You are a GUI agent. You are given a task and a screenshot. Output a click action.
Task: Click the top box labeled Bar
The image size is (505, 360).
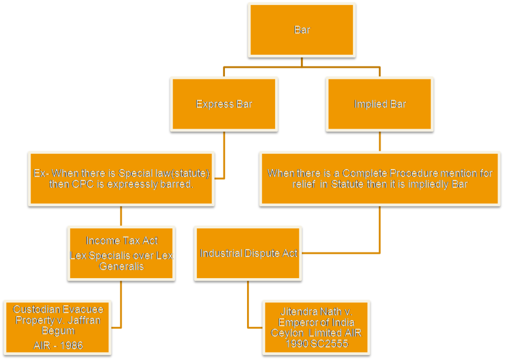[x=302, y=30]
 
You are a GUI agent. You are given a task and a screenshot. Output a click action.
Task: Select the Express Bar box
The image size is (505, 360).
[x=224, y=104]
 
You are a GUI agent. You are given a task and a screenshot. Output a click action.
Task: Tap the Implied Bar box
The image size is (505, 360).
[x=380, y=104]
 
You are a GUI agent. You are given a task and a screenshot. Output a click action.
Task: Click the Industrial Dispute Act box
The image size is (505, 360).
[x=248, y=253]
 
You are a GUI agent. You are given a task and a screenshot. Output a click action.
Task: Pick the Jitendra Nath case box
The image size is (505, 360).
[x=316, y=327]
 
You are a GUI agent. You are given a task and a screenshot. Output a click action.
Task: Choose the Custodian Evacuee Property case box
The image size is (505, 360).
[x=58, y=327]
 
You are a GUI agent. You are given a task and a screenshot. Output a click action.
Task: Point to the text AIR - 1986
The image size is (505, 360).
[x=58, y=345]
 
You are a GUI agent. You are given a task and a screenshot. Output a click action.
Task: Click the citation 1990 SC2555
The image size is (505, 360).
[x=316, y=343]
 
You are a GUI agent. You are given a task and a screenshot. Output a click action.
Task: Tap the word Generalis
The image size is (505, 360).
[x=121, y=266]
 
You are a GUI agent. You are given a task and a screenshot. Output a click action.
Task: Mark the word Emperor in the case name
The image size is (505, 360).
[x=296, y=322]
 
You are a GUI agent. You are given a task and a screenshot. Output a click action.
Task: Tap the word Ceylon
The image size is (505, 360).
[x=286, y=333]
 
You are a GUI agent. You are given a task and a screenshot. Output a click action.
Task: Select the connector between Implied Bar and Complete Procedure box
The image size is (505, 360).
[x=380, y=142]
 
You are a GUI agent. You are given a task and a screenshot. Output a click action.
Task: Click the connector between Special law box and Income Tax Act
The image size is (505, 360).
[x=121, y=216]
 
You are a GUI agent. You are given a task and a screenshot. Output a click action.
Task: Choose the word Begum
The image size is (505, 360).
[x=58, y=330]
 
